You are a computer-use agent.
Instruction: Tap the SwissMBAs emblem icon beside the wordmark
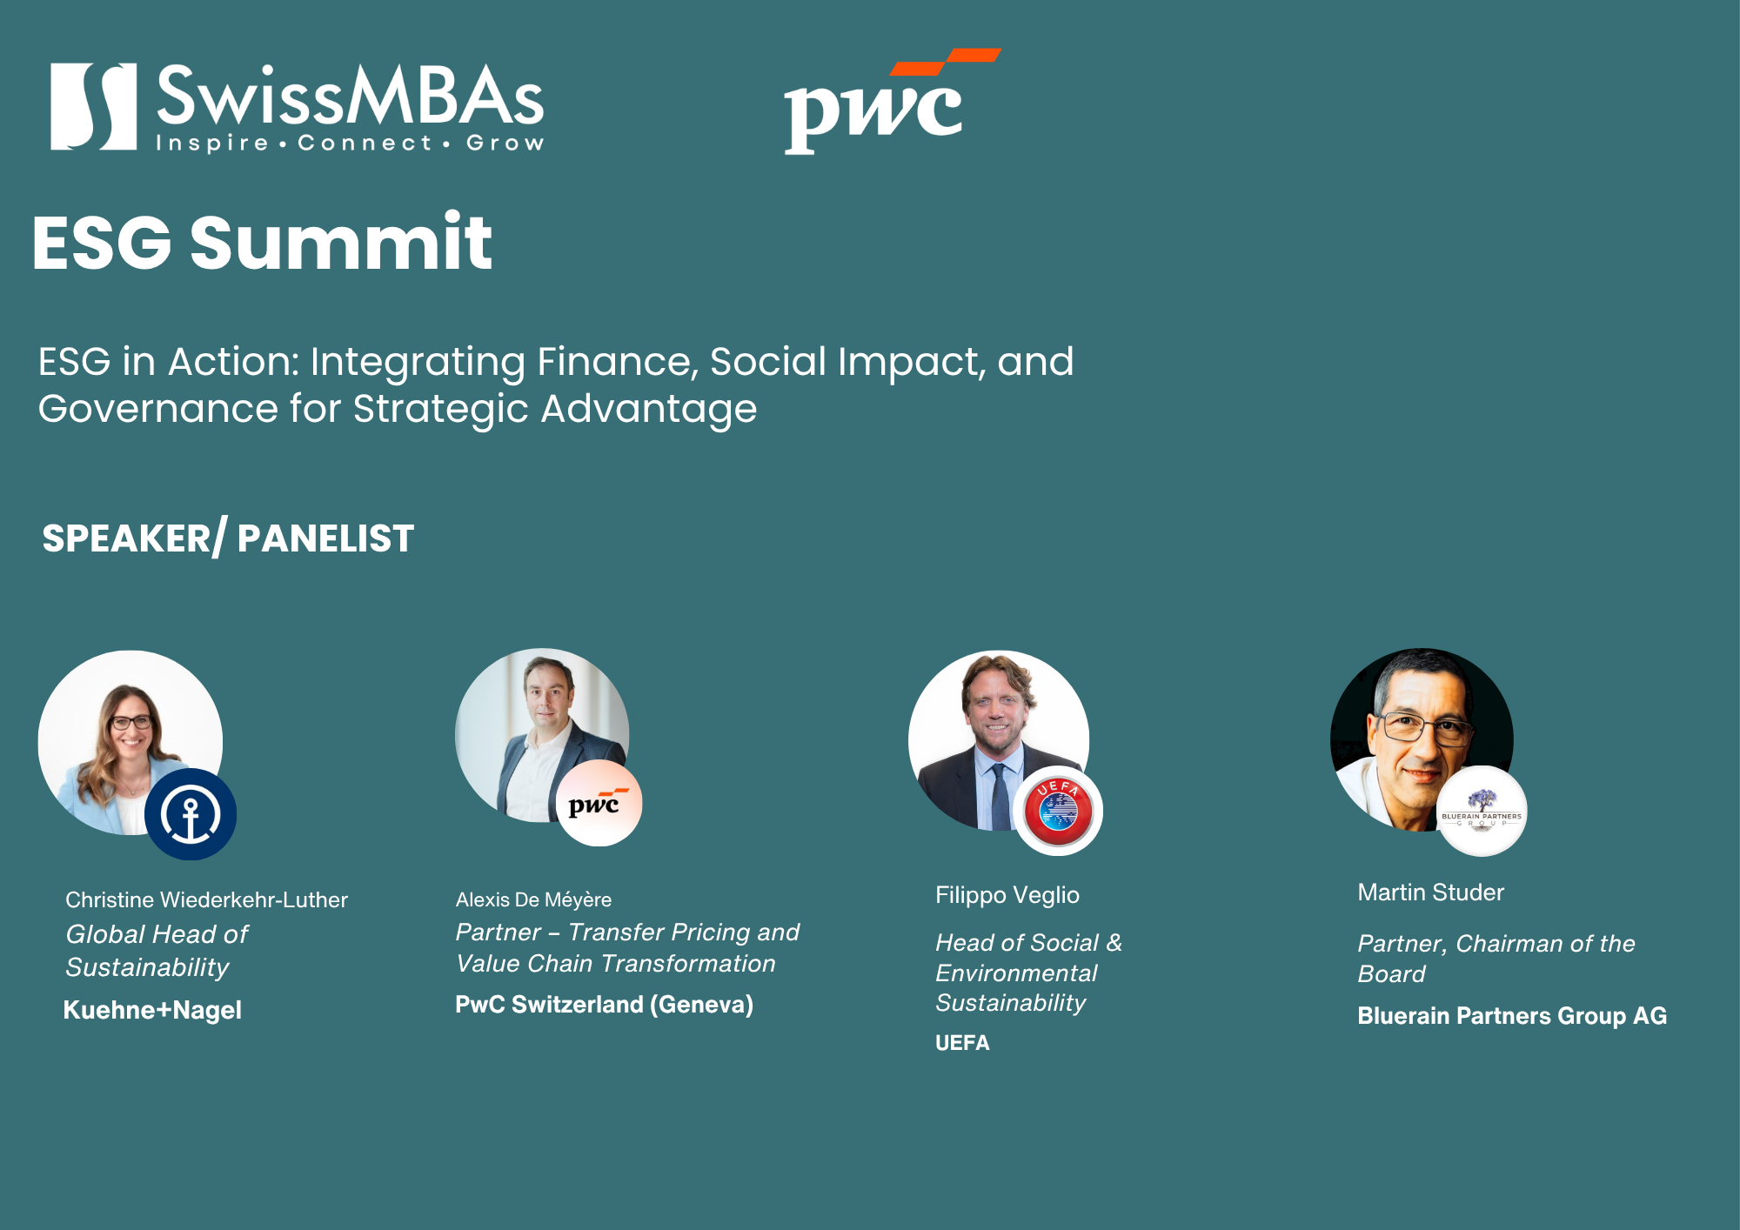(93, 106)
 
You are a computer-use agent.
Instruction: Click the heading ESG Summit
(262, 243)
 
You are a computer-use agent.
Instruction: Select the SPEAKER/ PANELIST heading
(228, 537)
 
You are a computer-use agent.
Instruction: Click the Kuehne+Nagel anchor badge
(191, 814)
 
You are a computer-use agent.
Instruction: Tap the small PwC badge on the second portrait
(599, 803)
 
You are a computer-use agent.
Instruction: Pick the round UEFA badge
(1058, 811)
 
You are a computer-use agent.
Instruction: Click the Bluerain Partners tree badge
(1482, 811)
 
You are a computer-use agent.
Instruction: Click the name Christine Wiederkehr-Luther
(207, 899)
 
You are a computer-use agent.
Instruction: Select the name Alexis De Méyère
(533, 899)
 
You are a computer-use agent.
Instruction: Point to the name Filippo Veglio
(1007, 895)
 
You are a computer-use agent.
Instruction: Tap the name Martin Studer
(1431, 892)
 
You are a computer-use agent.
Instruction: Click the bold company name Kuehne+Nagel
(152, 1010)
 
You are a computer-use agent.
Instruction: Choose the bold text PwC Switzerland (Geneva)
(605, 1005)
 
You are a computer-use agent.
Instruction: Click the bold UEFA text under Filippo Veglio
(962, 1042)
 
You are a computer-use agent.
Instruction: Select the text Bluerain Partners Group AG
(1512, 1016)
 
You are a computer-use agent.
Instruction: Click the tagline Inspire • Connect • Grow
(350, 144)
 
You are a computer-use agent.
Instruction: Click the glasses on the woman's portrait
(130, 722)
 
